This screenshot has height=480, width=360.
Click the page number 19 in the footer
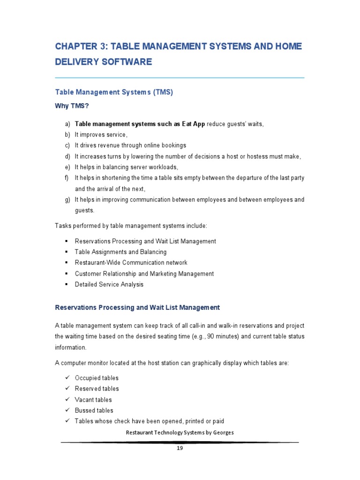click(x=180, y=448)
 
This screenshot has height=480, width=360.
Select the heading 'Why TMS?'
click(x=72, y=106)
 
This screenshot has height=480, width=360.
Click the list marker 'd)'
click(x=67, y=157)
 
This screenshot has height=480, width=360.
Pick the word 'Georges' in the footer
click(x=223, y=433)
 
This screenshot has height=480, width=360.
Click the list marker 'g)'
click(x=67, y=200)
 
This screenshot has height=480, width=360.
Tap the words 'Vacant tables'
click(x=93, y=400)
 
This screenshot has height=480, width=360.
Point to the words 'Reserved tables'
click(x=97, y=389)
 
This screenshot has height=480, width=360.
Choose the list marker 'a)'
click(x=67, y=124)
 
